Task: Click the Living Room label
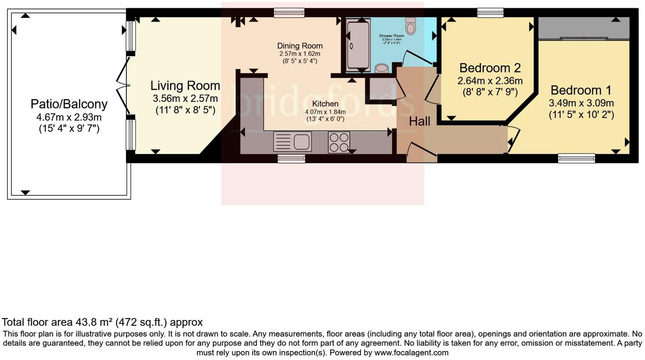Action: [185, 86]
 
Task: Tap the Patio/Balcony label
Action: [69, 104]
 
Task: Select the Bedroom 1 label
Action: [581, 90]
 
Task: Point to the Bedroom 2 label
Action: [490, 68]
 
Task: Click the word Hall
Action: [419, 121]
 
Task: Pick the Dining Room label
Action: [300, 46]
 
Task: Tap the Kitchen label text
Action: [325, 104]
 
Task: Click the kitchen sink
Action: [292, 142]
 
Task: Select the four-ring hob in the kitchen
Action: [339, 142]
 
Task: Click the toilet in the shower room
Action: [410, 27]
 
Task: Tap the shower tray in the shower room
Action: [358, 45]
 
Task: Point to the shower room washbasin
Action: [381, 68]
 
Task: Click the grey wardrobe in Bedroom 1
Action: [583, 28]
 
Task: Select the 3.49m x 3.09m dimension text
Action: [581, 103]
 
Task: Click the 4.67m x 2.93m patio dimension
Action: [69, 117]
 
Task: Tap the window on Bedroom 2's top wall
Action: [490, 13]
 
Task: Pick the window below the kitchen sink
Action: [291, 159]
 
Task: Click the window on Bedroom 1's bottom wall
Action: [576, 158]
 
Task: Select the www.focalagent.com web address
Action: [411, 353]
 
